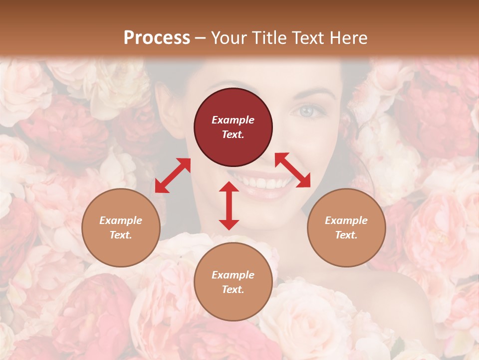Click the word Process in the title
157,38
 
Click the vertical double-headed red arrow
229,205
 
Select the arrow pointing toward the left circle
173,175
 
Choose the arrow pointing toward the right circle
292,170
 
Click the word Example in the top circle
233,120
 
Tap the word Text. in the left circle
121,235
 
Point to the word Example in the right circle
346,220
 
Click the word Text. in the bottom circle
233,289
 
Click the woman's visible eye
306,110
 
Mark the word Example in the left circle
121,220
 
